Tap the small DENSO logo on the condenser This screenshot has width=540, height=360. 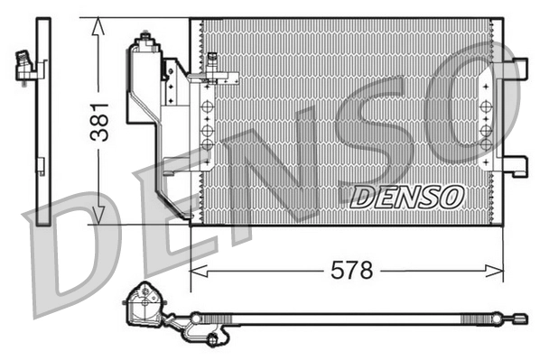click(x=406, y=196)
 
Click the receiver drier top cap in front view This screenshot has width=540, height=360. click(x=144, y=41)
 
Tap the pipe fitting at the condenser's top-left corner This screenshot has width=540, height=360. click(x=212, y=63)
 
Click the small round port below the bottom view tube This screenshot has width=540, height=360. click(x=212, y=340)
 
